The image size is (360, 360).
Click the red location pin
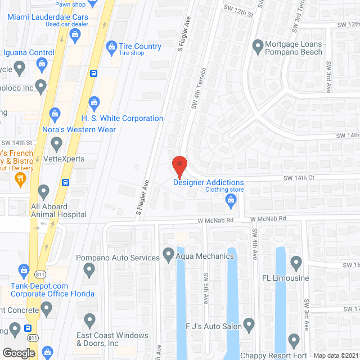pos(179,164)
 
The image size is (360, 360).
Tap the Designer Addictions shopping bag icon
pos(230,200)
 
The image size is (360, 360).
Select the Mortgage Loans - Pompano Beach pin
pos(258,45)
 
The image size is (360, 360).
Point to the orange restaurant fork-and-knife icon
pos(21,179)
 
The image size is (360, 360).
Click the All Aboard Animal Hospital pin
pos(43,191)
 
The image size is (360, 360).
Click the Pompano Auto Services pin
pos(88,271)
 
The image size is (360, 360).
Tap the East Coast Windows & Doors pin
pos(89,319)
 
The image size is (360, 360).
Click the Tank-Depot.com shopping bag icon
pos(23,270)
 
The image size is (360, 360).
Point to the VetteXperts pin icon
pos(56,145)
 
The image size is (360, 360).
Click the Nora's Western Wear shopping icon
pos(55,115)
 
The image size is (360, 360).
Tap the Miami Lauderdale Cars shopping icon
pos(75,35)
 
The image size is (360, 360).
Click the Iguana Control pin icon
pos(19,69)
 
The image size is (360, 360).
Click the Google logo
pos(18,353)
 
